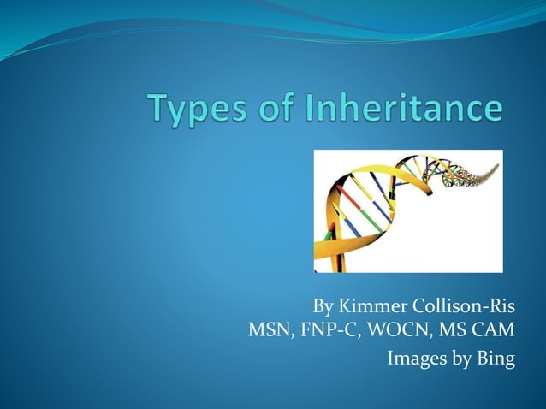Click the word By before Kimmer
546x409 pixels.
point(323,306)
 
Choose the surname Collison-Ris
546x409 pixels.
point(466,305)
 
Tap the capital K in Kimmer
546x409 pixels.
point(344,305)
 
